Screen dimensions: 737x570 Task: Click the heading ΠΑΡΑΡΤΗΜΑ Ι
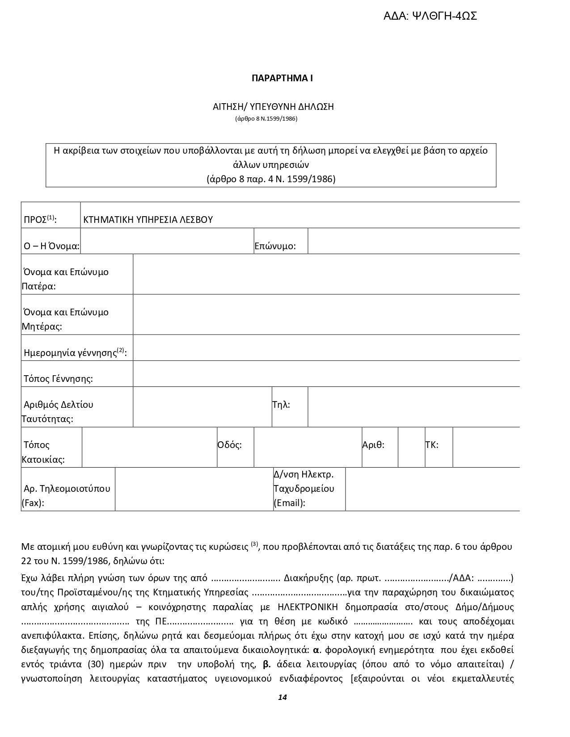point(282,78)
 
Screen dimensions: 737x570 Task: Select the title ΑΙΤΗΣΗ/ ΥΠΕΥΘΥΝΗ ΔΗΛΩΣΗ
point(273,107)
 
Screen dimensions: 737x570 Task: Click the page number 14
point(282,697)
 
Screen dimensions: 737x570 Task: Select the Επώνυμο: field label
point(275,246)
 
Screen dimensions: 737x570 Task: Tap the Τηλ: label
point(281,405)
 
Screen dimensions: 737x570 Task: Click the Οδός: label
point(229,445)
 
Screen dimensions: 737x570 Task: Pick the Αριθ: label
point(373,445)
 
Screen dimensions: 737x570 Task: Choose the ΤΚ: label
point(431,445)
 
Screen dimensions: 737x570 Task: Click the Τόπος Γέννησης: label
point(58,379)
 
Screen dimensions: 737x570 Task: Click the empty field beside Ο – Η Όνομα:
point(167,241)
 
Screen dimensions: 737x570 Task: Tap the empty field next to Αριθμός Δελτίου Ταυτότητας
point(202,407)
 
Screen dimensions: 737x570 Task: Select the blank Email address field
point(432,489)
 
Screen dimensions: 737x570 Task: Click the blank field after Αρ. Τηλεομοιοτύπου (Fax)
point(194,489)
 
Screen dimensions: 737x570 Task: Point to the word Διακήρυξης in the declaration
point(308,578)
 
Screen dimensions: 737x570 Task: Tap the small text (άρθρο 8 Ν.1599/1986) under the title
point(266,119)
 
